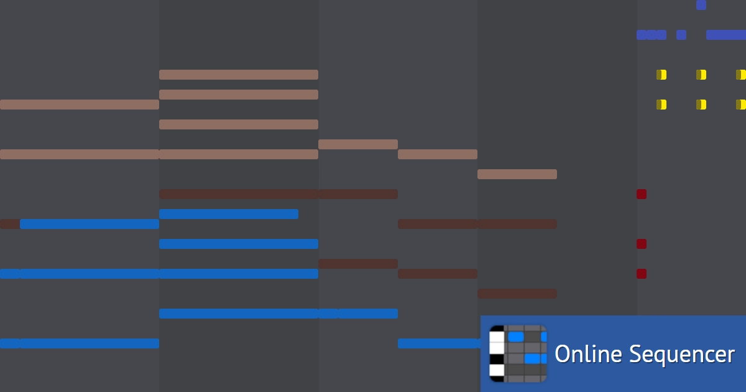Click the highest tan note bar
click(239, 75)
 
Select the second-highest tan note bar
click(239, 95)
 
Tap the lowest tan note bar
click(517, 174)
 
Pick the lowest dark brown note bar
click(517, 294)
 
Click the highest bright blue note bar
click(229, 214)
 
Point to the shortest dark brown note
click(10, 224)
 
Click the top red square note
click(642, 194)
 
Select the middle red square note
click(642, 244)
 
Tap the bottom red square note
click(642, 274)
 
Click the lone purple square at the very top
click(701, 5)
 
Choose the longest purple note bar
click(726, 35)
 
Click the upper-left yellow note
click(661, 75)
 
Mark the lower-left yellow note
click(661, 105)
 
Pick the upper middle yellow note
click(701, 75)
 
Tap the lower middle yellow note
click(701, 105)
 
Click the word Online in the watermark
click(588, 353)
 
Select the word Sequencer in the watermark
click(682, 355)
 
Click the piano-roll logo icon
click(518, 353)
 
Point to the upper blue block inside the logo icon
click(516, 337)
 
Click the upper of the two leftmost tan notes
click(80, 105)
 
